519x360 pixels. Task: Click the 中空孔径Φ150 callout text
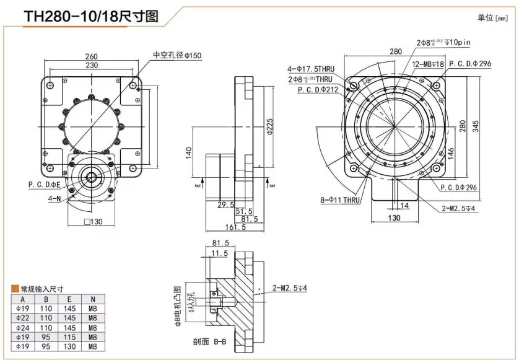pyautogui.click(x=177, y=56)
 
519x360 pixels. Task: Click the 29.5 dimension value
pyautogui.click(x=225, y=204)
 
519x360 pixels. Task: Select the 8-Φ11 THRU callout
pyautogui.click(x=339, y=200)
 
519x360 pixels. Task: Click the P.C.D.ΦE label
pyautogui.click(x=44, y=184)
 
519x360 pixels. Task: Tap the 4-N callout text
pyautogui.click(x=55, y=200)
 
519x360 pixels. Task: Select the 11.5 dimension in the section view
pyautogui.click(x=219, y=254)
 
